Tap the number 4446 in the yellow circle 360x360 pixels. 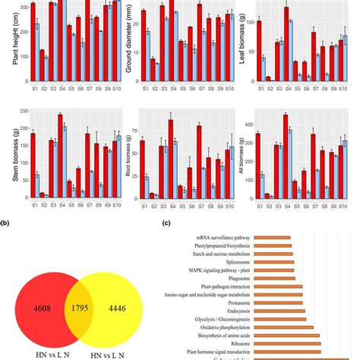click(x=141, y=289)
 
